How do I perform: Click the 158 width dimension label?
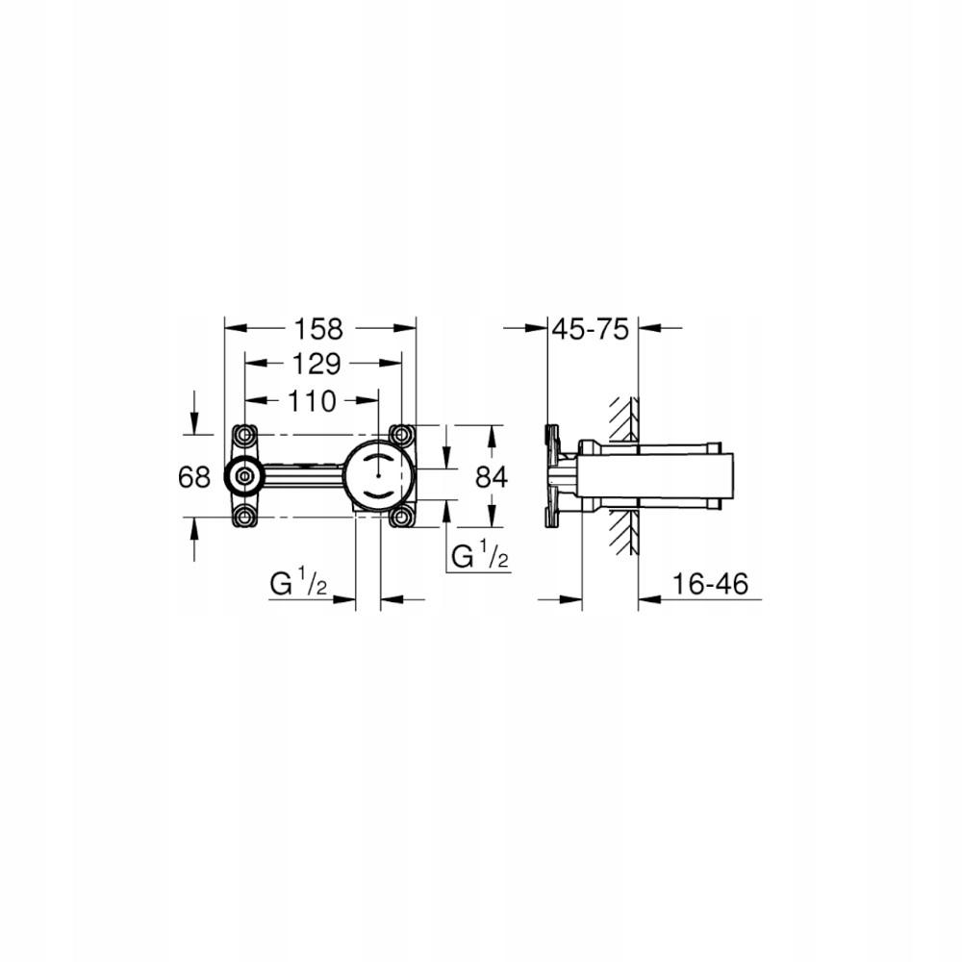[x=319, y=329]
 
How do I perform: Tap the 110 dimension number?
[x=311, y=400]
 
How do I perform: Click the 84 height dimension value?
[x=491, y=475]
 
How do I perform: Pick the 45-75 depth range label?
[x=590, y=329]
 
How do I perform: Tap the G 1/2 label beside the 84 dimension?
[x=479, y=556]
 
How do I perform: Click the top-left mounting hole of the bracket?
[x=242, y=433]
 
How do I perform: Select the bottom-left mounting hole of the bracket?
[x=242, y=518]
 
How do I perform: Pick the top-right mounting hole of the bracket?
[x=401, y=433]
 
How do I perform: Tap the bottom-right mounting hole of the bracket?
[x=401, y=518]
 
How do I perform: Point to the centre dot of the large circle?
[x=379, y=475]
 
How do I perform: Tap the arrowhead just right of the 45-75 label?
[x=648, y=329]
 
